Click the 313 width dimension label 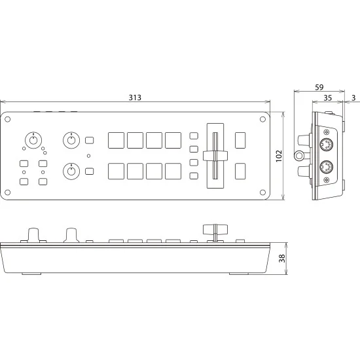click(x=135, y=98)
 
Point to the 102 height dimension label click(x=279, y=156)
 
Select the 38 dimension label click(x=282, y=259)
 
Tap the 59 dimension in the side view click(x=319, y=87)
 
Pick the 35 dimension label click(x=328, y=98)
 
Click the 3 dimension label click(x=353, y=98)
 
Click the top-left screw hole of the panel click(x=8, y=119)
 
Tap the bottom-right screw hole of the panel click(x=262, y=192)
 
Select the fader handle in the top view click(x=215, y=156)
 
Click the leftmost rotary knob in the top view click(x=33, y=140)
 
